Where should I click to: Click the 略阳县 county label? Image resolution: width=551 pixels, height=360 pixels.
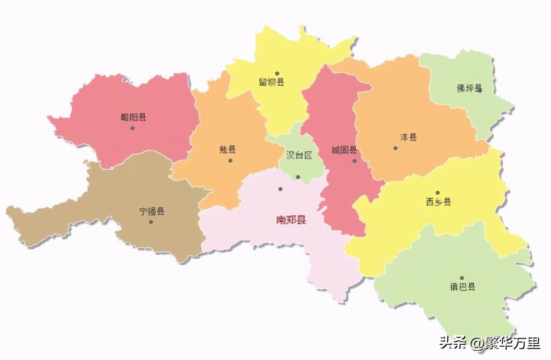click(x=133, y=117)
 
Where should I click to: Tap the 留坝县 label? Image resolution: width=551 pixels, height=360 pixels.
click(x=272, y=82)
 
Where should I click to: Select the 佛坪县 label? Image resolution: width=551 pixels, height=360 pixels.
click(x=469, y=88)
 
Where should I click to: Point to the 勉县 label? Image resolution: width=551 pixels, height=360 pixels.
click(x=228, y=149)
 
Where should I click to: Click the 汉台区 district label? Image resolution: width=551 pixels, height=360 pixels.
click(x=299, y=155)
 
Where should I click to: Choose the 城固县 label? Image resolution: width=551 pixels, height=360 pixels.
click(x=344, y=150)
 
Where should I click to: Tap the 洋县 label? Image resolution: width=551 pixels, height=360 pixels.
click(x=408, y=137)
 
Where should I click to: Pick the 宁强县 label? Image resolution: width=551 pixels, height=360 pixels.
click(x=151, y=211)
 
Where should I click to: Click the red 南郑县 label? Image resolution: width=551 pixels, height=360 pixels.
click(x=291, y=220)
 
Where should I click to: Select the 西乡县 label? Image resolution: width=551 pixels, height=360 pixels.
click(x=439, y=202)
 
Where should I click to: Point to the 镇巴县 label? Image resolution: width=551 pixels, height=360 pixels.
click(x=463, y=287)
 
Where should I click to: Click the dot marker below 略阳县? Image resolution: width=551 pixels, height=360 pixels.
click(x=132, y=128)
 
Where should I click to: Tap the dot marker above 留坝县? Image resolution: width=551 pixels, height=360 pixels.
click(x=277, y=73)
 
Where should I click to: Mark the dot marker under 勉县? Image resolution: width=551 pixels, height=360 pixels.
click(x=230, y=161)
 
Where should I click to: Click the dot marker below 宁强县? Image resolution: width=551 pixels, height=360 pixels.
click(x=151, y=222)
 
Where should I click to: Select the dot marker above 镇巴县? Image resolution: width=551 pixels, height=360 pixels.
click(x=462, y=278)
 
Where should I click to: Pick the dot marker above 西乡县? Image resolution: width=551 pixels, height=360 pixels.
click(x=438, y=192)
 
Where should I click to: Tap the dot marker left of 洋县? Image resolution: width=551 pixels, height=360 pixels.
click(x=395, y=148)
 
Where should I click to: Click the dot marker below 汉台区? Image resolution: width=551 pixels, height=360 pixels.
click(x=298, y=176)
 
